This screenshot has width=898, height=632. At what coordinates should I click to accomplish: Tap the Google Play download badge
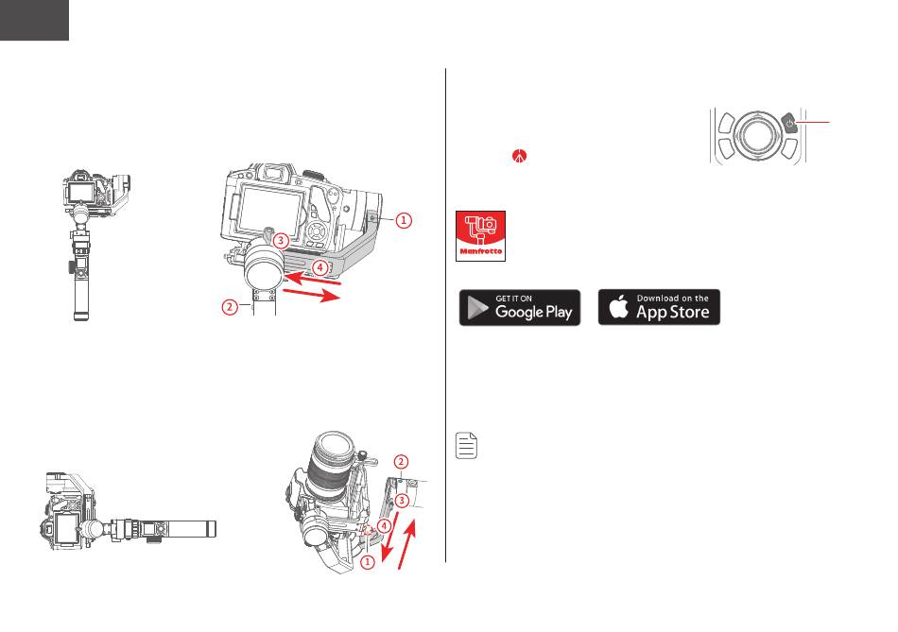[520, 307]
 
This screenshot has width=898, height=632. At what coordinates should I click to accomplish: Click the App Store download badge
[659, 307]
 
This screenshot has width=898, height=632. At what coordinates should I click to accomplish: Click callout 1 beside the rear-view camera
[403, 220]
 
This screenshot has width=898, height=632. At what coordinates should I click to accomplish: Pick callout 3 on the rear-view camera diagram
[280, 241]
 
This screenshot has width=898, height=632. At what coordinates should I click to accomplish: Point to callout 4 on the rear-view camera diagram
[321, 268]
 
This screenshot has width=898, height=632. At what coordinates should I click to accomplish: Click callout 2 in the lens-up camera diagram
[401, 462]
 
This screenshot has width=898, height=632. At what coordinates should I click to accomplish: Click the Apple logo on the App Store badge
[619, 307]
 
